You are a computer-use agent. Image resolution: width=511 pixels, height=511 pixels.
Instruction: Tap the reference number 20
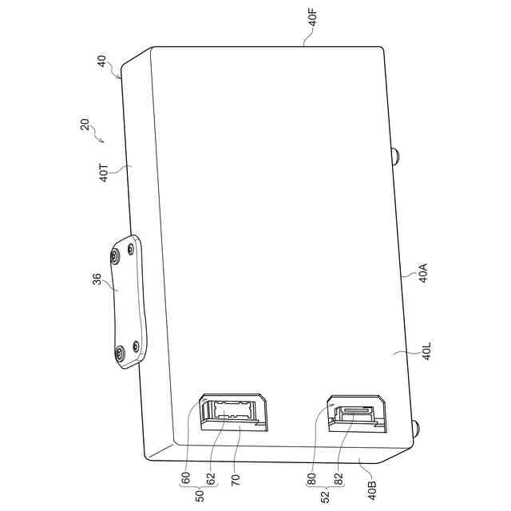85,125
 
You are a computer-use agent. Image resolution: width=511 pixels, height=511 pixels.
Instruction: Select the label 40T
104,173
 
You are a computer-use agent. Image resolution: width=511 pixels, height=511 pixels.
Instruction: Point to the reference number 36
97,279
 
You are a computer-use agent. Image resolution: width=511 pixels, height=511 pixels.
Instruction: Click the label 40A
423,273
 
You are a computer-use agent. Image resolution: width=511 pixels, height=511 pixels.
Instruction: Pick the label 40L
427,351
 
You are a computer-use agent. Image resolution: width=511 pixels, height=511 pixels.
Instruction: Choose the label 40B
372,490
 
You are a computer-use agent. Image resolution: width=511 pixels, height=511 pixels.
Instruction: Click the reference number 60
185,478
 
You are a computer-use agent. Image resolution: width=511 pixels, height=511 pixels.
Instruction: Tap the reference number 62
211,478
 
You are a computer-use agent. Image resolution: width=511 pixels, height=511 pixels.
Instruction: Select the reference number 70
236,480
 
